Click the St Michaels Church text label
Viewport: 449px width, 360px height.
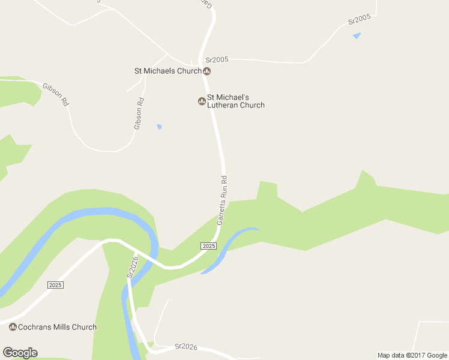167,71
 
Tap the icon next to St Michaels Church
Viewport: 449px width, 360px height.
207,71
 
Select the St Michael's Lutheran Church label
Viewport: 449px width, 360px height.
235,101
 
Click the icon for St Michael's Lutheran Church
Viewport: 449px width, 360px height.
202,101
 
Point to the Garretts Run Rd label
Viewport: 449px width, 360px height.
223,200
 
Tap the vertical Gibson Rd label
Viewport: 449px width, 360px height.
139,113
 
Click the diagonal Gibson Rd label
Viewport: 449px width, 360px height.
56,95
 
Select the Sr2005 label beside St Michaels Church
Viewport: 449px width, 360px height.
217,60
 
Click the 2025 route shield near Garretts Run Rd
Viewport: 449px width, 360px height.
208,246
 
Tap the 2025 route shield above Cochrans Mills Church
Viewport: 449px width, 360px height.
55,285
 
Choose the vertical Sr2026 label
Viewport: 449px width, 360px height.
132,266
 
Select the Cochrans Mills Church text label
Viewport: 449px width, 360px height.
58,327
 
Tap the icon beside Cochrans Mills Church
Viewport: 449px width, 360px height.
13,327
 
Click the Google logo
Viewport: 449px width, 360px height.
20,353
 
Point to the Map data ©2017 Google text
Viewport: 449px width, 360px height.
412,355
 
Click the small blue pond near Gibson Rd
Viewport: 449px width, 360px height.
159,127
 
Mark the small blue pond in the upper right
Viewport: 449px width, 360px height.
357,36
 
